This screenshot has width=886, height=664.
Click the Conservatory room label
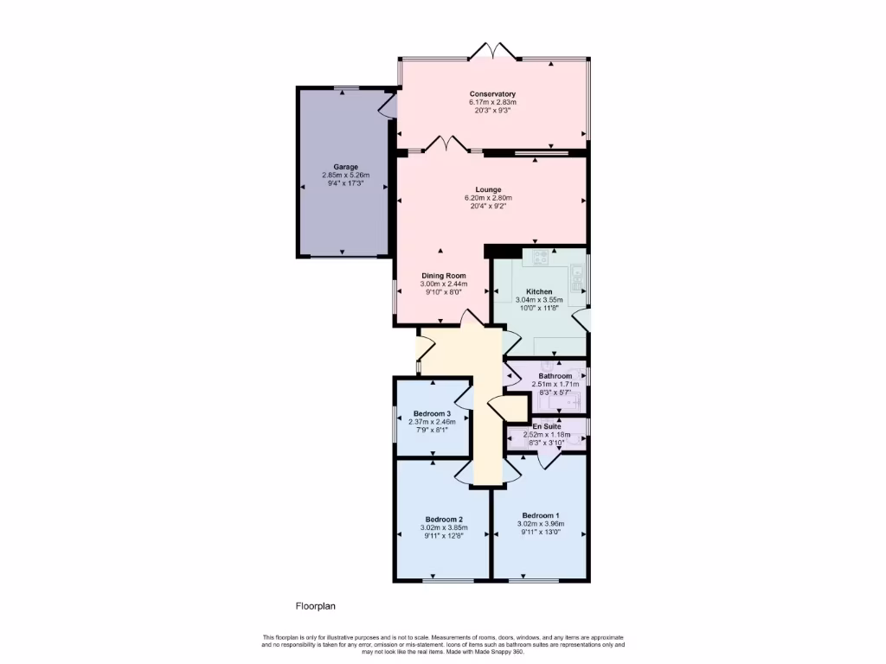pos(492,93)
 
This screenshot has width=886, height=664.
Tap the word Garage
pos(345,167)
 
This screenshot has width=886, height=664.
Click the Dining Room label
pos(443,275)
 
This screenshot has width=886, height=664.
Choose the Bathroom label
pos(555,376)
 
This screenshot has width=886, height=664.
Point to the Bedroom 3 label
pos(432,413)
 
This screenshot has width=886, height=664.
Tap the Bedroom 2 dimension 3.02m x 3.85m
pos(443,527)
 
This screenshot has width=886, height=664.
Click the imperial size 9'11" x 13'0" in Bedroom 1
pos(540,533)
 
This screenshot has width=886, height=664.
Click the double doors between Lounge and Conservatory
pos(445,144)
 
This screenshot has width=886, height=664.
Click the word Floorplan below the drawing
pos(316,606)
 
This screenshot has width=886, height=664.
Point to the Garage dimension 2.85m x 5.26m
pos(345,176)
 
